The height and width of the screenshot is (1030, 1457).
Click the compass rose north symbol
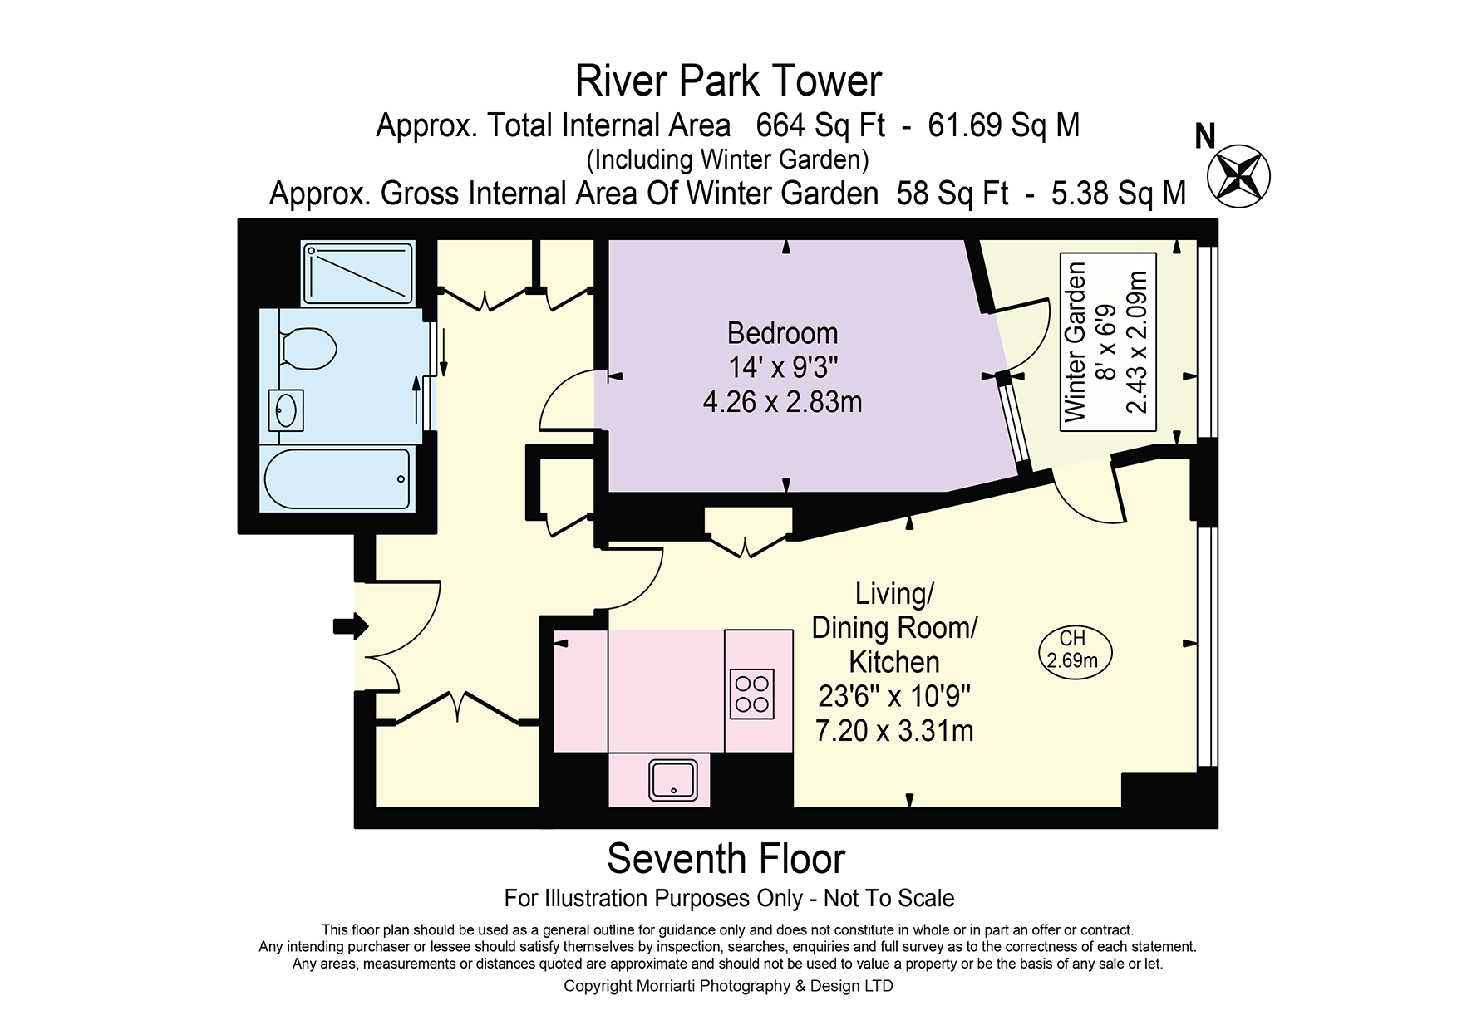(x=1238, y=175)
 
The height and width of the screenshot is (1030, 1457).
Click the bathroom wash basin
(x=286, y=410)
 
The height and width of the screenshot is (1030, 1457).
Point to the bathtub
(x=337, y=478)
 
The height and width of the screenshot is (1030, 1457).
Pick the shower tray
(x=357, y=273)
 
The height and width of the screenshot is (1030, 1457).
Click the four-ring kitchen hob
(x=752, y=694)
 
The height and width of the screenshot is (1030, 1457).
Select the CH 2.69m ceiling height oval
(x=1075, y=650)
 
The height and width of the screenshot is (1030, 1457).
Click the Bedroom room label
(x=782, y=333)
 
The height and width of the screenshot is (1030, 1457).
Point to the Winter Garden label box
(x=1108, y=341)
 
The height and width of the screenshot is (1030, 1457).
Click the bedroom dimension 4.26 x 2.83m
(x=782, y=402)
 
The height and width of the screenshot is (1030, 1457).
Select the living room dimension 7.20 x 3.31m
(x=894, y=731)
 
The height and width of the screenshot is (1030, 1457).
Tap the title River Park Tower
(x=728, y=81)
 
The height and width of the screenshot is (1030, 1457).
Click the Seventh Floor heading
(x=726, y=859)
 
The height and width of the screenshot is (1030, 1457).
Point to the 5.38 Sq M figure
(x=1119, y=194)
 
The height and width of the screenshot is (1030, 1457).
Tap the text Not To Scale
(x=888, y=898)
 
